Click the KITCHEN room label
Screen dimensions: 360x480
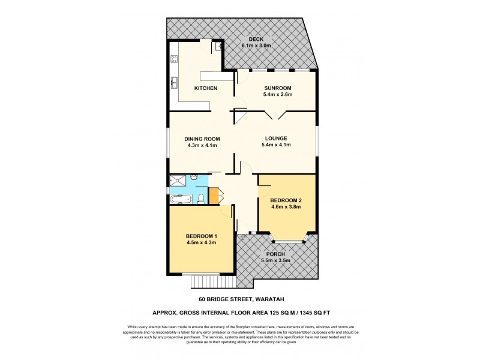pyautogui.click(x=205, y=88)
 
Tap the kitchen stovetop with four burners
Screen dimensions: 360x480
pyautogui.click(x=175, y=59)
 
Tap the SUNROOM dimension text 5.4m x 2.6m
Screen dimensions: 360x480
pyautogui.click(x=277, y=95)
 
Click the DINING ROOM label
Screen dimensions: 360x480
pyautogui.click(x=202, y=139)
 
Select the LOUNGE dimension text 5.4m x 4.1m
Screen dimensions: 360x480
pyautogui.click(x=277, y=145)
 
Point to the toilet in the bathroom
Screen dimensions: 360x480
pyautogui.click(x=202, y=199)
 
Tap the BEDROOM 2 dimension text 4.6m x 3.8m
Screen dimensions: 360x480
pyautogui.click(x=286, y=206)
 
